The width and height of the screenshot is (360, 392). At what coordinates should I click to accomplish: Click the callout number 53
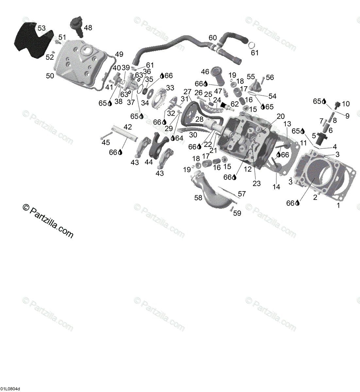tap(42, 28)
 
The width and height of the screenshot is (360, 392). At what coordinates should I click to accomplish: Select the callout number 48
tap(88, 28)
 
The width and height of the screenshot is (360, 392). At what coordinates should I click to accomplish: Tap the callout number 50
tap(50, 76)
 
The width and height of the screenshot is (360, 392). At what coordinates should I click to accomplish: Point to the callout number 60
tap(213, 38)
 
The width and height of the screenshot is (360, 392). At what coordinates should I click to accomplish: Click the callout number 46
tap(205, 72)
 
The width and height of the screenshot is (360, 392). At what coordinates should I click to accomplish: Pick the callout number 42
tap(128, 127)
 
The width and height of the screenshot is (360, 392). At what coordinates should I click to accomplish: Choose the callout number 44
tap(149, 162)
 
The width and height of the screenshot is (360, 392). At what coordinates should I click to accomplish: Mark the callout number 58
tap(198, 198)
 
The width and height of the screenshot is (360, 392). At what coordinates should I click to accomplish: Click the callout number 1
tap(338, 205)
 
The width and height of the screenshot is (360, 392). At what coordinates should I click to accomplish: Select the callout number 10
tap(346, 104)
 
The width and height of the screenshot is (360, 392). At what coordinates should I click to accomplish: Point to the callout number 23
tap(257, 184)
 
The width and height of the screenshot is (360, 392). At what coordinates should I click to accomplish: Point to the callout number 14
tap(276, 187)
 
